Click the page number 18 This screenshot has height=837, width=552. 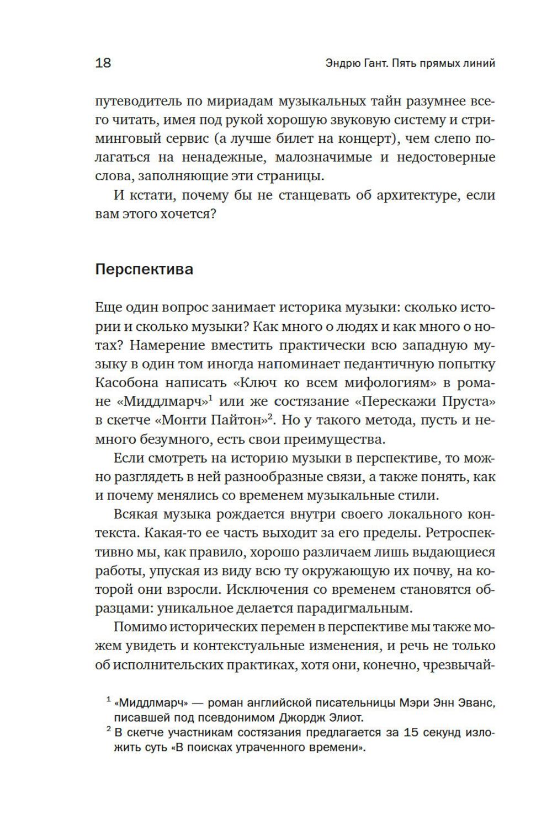coord(103,63)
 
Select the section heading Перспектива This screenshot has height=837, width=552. coord(144,270)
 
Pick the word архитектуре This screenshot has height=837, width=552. coord(413,195)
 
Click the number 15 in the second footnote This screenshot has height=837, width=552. coord(412,733)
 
